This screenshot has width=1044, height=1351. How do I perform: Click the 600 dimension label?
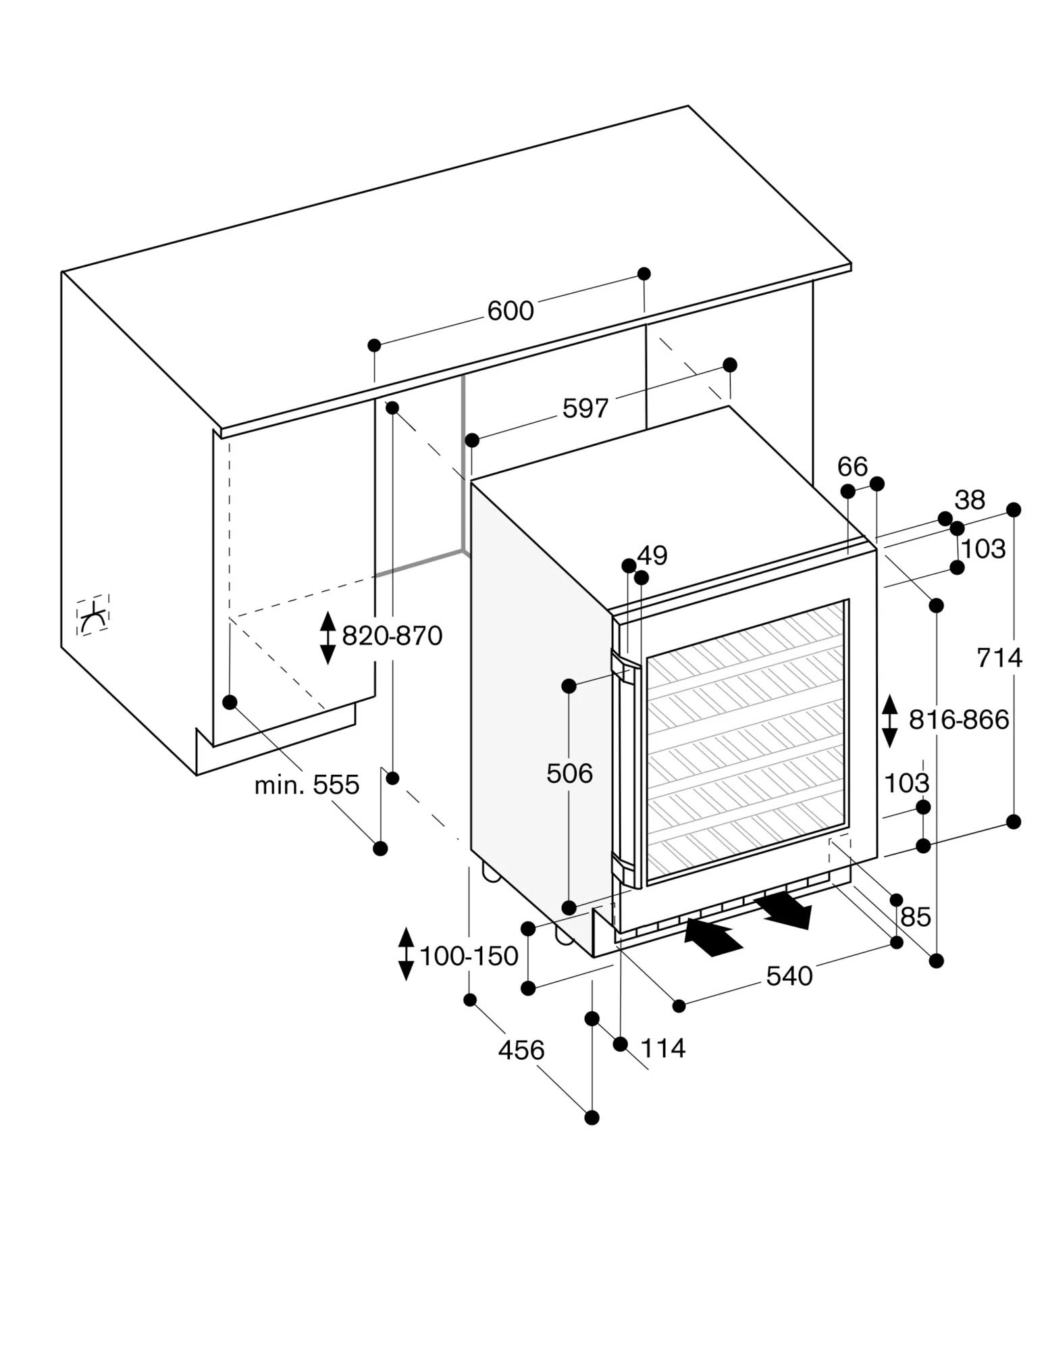pyautogui.click(x=511, y=311)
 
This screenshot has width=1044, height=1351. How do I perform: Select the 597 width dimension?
pyautogui.click(x=585, y=408)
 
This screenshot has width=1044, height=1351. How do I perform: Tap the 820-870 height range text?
pyautogui.click(x=392, y=636)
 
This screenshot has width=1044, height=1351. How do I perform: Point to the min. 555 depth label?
pyautogui.click(x=307, y=785)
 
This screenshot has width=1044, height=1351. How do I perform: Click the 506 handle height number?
pyautogui.click(x=569, y=773)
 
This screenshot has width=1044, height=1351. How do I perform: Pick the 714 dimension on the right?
pyautogui.click(x=999, y=657)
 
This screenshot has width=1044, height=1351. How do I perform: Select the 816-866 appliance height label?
pyautogui.click(x=958, y=720)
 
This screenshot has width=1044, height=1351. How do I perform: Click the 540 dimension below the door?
pyautogui.click(x=789, y=975)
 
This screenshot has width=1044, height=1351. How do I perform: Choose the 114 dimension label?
pyautogui.click(x=662, y=1048)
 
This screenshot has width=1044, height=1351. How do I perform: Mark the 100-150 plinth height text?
pyautogui.click(x=469, y=956)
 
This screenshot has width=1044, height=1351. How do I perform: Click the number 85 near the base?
pyautogui.click(x=915, y=917)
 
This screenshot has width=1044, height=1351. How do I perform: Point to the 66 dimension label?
pyautogui.click(x=852, y=466)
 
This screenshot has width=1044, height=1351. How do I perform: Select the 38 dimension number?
pyautogui.click(x=970, y=500)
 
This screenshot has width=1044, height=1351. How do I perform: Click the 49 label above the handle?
pyautogui.click(x=652, y=555)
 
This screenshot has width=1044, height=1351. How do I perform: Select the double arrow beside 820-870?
pyautogui.click(x=328, y=638)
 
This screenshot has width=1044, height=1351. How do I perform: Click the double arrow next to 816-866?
pyautogui.click(x=889, y=721)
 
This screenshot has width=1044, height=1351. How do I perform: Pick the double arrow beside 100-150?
pyautogui.click(x=406, y=954)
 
